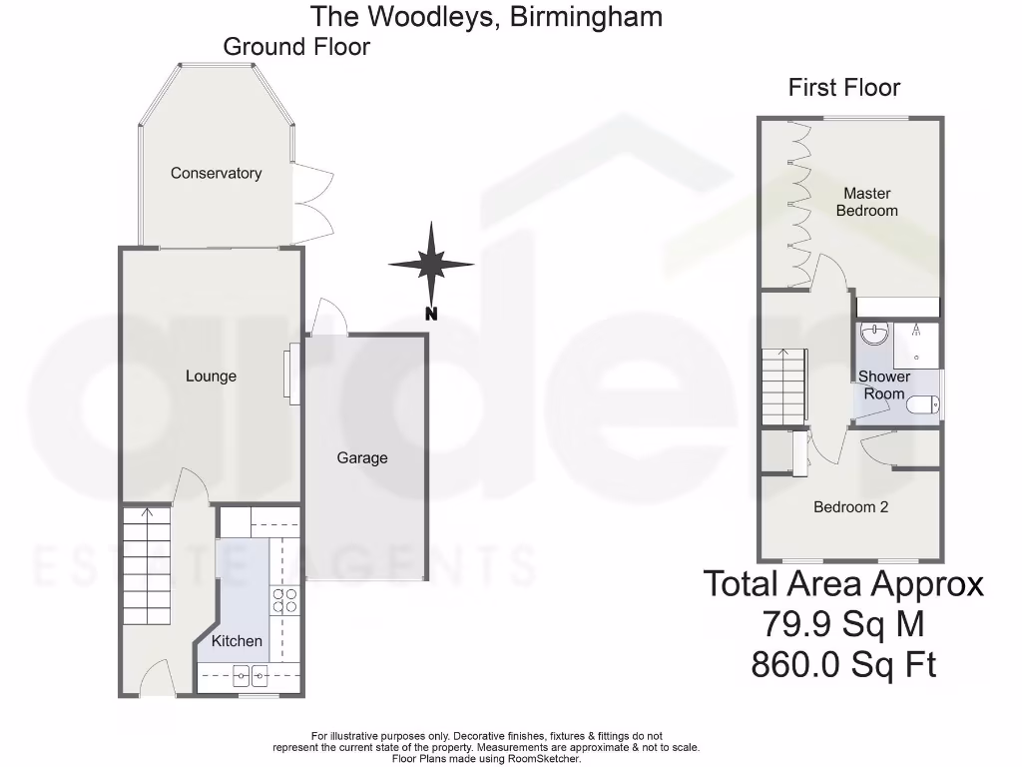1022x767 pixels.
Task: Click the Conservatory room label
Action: coord(216,173)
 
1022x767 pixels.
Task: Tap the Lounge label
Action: coord(211,376)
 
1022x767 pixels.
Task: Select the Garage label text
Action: coord(361,457)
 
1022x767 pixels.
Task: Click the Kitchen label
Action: coord(237,640)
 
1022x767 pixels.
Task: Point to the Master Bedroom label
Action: coord(866,202)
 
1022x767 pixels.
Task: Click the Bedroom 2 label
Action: coord(850,506)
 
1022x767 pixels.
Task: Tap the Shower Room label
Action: coord(884,385)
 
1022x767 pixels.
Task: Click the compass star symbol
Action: coord(431,264)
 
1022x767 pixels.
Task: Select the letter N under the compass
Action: coord(431,314)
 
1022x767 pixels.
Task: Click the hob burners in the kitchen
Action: coord(283,599)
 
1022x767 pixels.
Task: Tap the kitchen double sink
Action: coord(249,677)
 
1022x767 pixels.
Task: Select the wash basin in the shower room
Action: coord(875,334)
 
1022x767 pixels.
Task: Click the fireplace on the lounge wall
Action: coord(293,375)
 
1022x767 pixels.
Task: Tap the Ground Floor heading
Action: coord(296,46)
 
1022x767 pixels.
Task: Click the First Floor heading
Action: coord(844,88)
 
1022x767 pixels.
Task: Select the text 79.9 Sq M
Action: coord(843,624)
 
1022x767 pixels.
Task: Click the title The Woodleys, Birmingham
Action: coord(486,16)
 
